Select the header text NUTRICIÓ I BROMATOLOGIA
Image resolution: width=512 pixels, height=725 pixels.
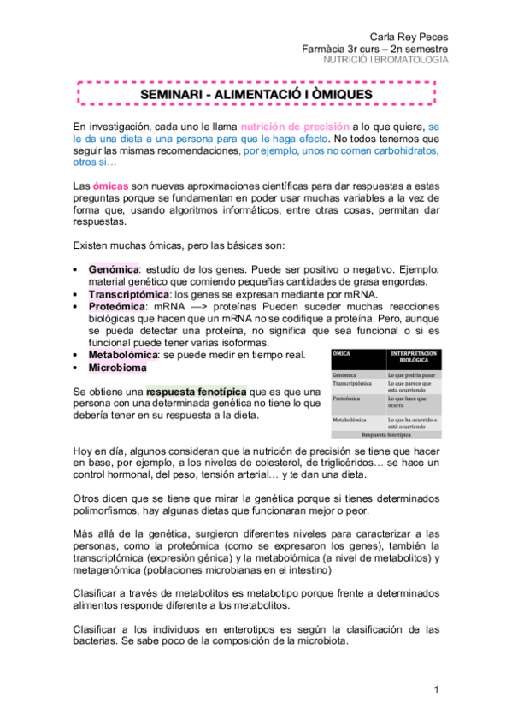pyautogui.click(x=389, y=61)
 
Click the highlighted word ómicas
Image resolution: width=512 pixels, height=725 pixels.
pyautogui.click(x=111, y=186)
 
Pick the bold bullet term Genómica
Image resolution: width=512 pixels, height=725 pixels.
pyautogui.click(x=113, y=269)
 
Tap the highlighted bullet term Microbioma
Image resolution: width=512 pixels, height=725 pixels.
pyautogui.click(x=117, y=368)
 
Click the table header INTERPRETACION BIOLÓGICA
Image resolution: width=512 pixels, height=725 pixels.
pyautogui.click(x=414, y=357)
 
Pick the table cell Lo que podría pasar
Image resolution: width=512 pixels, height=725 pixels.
pyautogui.click(x=413, y=374)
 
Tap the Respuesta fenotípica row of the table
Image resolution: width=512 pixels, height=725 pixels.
pyautogui.click(x=386, y=434)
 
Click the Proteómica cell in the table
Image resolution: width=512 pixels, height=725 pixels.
pyautogui.click(x=349, y=398)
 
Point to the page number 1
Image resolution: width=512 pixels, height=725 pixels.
pyautogui.click(x=436, y=689)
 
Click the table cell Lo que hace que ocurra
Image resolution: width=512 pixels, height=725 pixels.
pyautogui.click(x=413, y=403)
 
